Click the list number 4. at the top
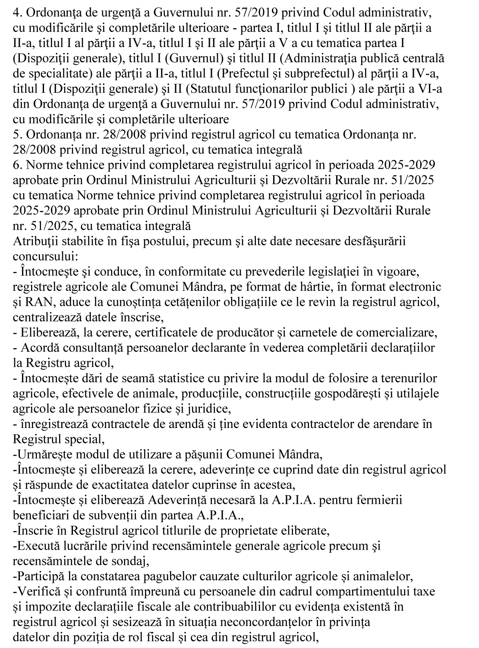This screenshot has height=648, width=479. click(17, 13)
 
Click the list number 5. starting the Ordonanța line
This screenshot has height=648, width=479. click(17, 135)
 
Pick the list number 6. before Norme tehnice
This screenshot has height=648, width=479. click(17, 165)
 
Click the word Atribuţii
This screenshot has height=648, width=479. click(32, 241)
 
